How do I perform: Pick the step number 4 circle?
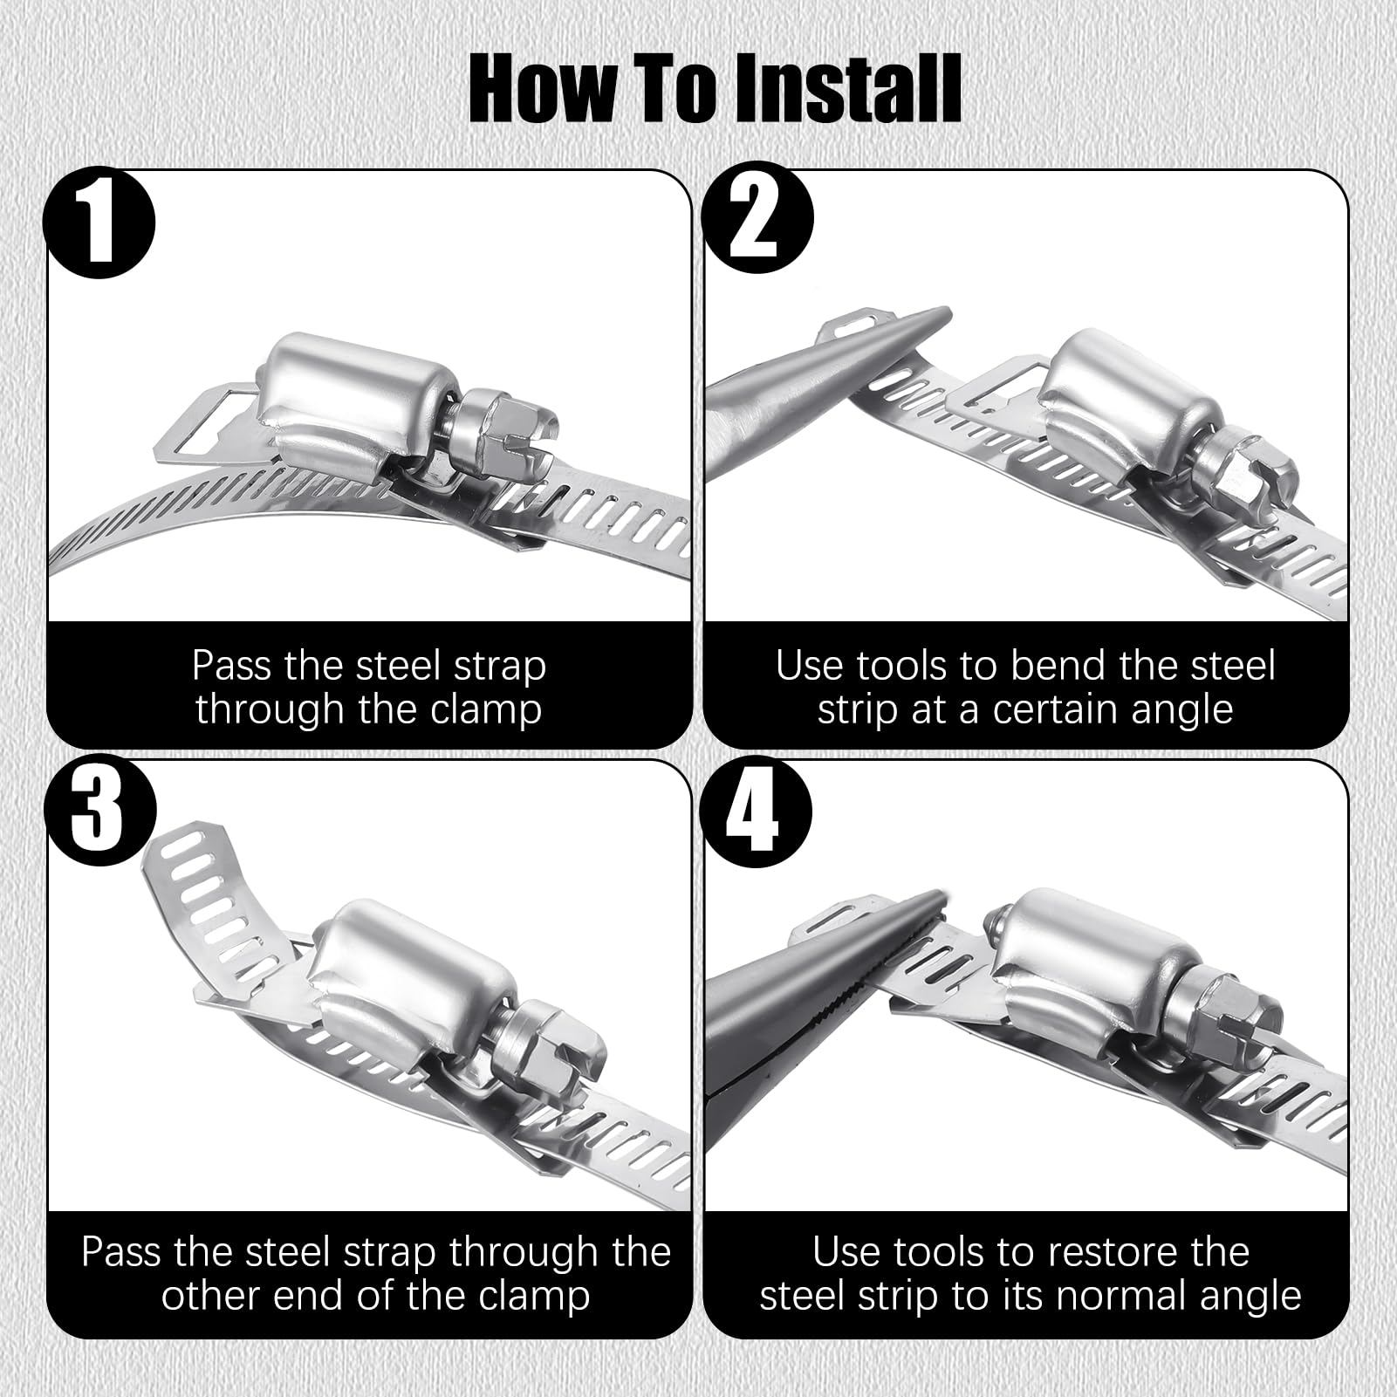point(757,811)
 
